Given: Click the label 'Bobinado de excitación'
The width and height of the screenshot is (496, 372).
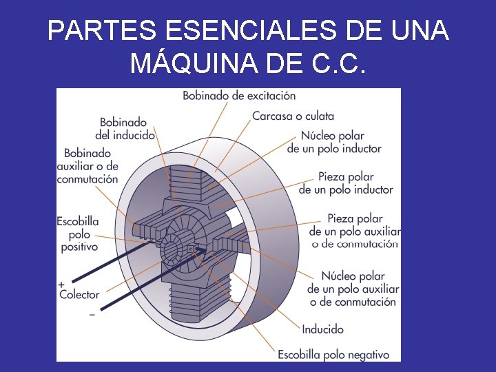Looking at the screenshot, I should (x=239, y=96).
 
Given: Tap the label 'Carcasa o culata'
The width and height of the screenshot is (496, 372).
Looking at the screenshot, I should (x=293, y=116).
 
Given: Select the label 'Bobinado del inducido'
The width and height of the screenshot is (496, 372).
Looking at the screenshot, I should (x=125, y=129).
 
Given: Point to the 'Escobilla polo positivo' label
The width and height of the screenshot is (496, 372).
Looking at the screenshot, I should (x=78, y=234).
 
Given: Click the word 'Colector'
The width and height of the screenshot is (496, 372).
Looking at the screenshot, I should (x=79, y=295).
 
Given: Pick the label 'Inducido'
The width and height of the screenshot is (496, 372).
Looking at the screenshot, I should (x=322, y=329).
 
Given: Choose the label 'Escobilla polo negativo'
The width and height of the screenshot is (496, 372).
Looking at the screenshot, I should (x=333, y=355).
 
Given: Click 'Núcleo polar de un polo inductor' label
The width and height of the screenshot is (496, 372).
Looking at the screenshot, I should (x=334, y=142).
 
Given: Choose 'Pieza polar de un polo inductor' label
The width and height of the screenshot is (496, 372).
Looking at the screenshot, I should (x=346, y=183).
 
